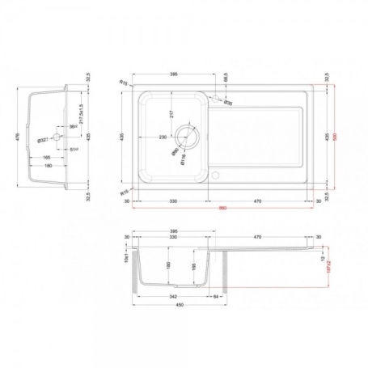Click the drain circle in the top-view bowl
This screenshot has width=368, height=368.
tap(188, 136)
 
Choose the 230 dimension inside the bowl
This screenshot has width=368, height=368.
tap(163, 137)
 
